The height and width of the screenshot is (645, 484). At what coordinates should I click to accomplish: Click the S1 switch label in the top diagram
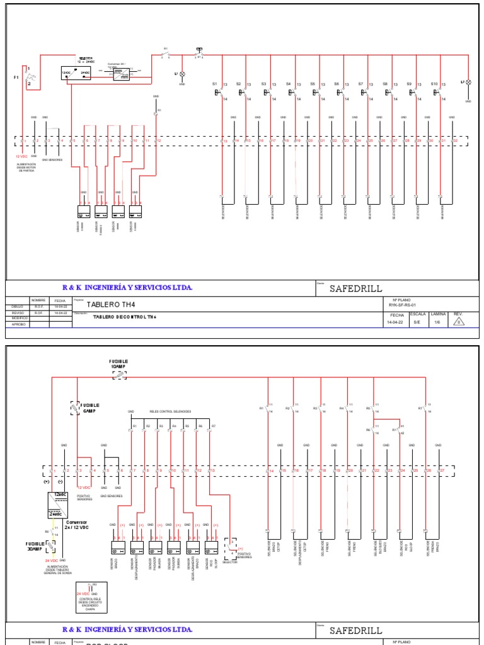(x=214, y=84)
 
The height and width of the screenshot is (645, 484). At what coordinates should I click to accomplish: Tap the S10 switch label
(x=434, y=84)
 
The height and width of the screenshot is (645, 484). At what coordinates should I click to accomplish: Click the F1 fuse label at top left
(x=17, y=77)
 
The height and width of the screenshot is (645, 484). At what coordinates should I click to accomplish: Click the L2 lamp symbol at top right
(x=468, y=83)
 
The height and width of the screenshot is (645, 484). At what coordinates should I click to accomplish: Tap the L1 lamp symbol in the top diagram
(x=183, y=74)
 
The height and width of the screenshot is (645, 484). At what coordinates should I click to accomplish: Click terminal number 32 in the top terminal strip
(x=455, y=141)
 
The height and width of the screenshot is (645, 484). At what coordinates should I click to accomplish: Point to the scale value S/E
(x=417, y=321)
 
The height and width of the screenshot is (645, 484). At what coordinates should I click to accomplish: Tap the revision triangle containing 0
(x=459, y=322)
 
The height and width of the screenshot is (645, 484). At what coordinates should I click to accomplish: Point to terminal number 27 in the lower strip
(x=442, y=471)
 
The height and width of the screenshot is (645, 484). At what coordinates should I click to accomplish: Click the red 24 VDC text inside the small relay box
(x=83, y=593)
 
